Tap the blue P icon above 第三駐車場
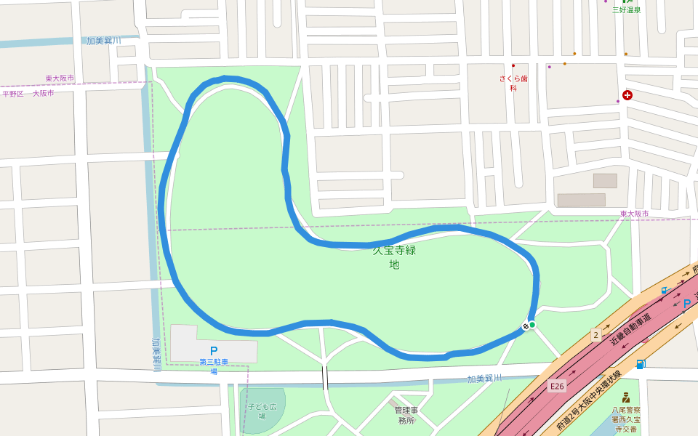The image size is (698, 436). tap(214, 351)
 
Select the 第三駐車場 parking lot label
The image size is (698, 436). tap(214, 366)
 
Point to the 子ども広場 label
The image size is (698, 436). tap(262, 411)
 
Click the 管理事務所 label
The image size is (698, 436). tap(406, 415)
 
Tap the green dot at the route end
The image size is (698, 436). tap(532, 325)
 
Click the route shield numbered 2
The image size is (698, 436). tap(595, 334)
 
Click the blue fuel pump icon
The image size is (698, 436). tap(640, 364)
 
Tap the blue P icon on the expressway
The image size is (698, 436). tap(686, 303)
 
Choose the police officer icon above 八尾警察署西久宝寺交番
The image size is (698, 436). tap(625, 397)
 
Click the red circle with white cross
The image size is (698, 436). tap(627, 95)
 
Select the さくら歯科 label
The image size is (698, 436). tap(513, 83)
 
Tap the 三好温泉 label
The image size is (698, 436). tap(626, 10)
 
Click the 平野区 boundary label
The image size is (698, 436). tap(13, 94)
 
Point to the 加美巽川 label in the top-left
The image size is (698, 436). tap(104, 41)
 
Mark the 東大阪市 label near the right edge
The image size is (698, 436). tap(634, 214)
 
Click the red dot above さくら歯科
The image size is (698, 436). tap(513, 66)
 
